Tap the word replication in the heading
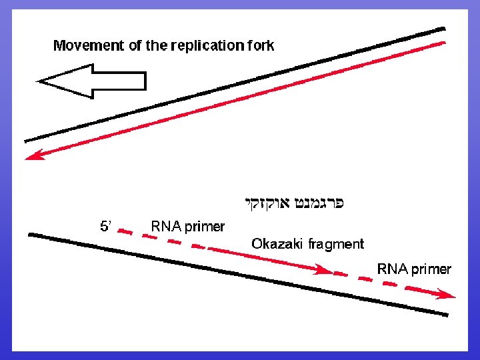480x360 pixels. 207,46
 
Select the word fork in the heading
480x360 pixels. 260,46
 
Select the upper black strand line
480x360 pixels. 233,85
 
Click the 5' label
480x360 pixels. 106,227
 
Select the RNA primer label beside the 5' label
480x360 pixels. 187,227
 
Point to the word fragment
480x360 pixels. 336,244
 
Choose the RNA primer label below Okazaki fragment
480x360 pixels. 414,269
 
